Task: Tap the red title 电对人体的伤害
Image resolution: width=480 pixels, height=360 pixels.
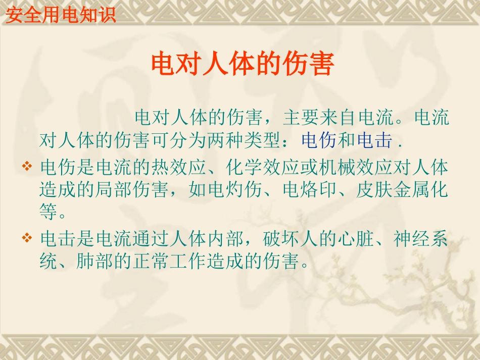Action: tap(243, 64)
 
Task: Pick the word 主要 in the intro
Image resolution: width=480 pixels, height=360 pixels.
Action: tap(301, 118)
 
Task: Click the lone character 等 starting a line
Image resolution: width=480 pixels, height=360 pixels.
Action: tap(49, 213)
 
